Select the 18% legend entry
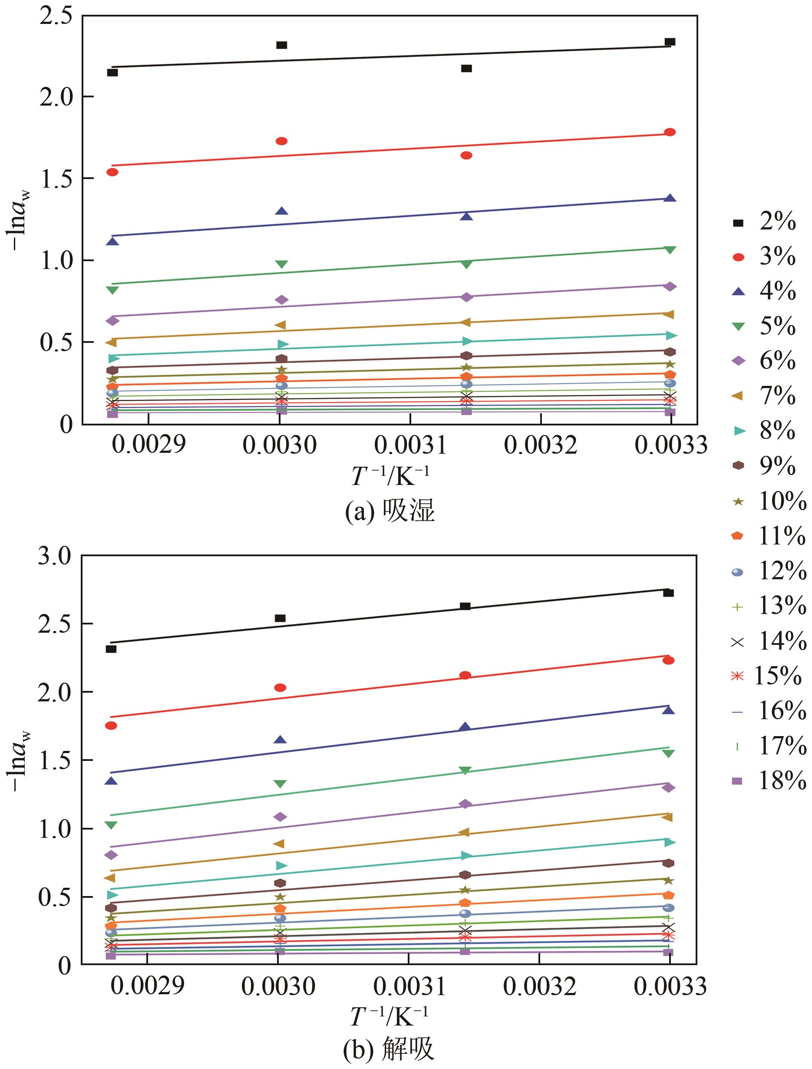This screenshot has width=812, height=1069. [x=769, y=781]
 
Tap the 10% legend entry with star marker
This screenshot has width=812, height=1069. [x=769, y=501]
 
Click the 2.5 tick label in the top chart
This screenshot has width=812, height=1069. [x=56, y=16]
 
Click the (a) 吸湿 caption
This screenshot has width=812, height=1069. [x=389, y=511]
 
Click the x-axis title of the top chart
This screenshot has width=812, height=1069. [x=389, y=476]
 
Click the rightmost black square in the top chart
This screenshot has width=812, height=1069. [x=670, y=42]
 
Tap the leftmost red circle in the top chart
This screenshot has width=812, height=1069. [x=112, y=172]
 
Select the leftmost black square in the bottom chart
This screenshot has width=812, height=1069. [x=111, y=649]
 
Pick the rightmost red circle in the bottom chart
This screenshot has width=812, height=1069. [x=668, y=660]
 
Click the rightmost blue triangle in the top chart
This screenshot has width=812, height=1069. [x=670, y=198]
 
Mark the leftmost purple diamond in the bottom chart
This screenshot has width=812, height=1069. [x=111, y=855]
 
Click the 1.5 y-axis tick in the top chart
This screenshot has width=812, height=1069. [x=56, y=179]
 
